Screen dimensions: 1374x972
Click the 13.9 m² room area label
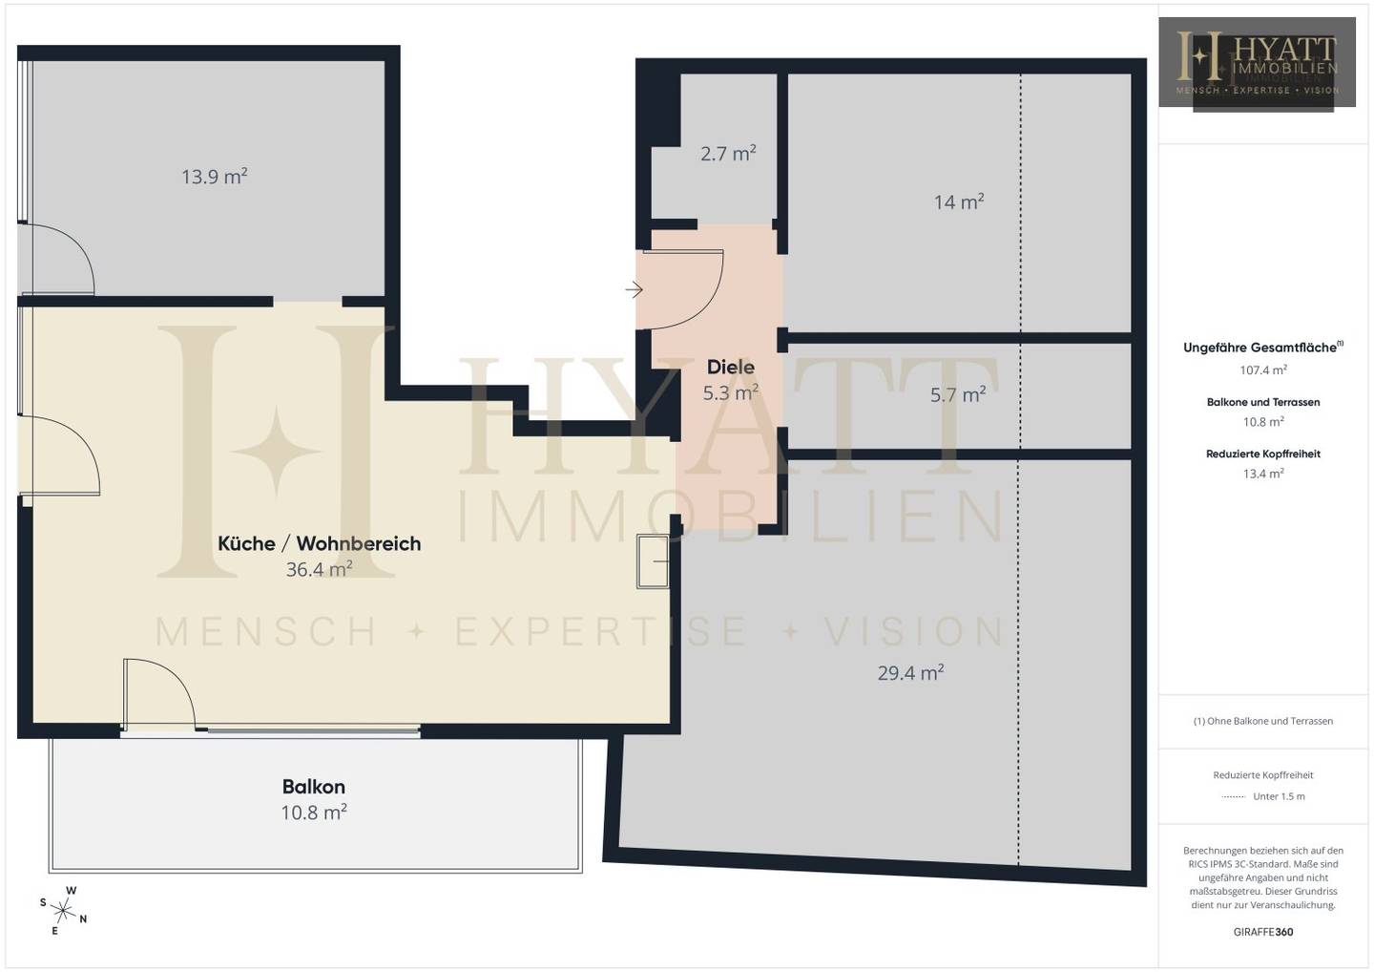pos(214,177)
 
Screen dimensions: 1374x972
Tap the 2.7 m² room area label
pos(728,154)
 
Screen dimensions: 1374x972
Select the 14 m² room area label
pos(959,201)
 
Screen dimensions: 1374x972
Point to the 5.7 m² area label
pos(958,394)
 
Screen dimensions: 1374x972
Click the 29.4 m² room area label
pos(910,673)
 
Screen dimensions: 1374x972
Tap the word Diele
pos(731,367)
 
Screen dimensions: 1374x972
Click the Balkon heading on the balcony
pos(313,787)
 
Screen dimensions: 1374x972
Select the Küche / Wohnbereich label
pos(319,543)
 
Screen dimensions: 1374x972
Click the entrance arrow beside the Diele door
pos(634,289)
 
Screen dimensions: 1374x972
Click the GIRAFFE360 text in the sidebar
pos(1263,932)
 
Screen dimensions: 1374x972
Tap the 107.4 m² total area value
pos(1263,370)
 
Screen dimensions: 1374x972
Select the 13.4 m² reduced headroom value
pos(1263,474)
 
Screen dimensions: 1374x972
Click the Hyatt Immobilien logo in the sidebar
pos(1257,64)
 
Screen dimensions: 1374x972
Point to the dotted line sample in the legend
pos(1233,797)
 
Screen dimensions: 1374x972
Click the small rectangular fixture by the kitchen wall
pos(653,561)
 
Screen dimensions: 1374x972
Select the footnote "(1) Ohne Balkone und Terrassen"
pos(1263,721)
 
